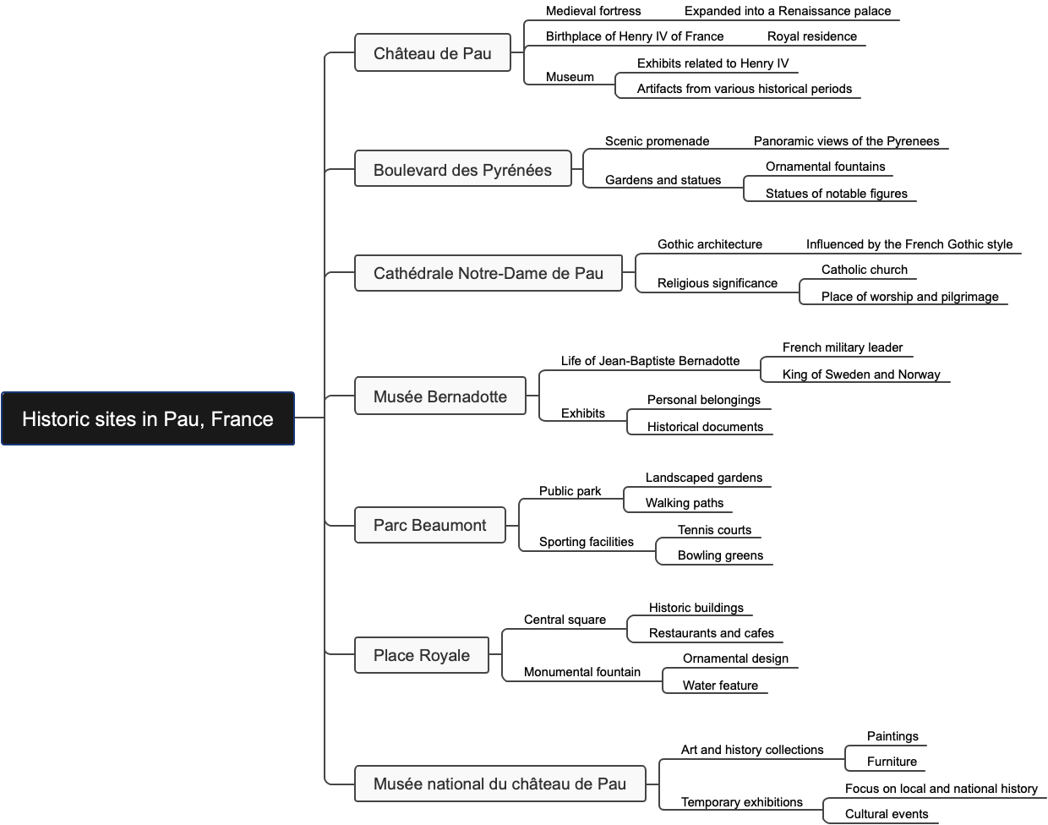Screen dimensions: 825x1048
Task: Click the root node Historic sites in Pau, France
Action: point(148,418)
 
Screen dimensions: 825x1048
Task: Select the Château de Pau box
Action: point(433,53)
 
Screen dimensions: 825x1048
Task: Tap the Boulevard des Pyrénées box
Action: point(462,170)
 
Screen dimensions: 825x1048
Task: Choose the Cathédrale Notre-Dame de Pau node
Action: point(489,273)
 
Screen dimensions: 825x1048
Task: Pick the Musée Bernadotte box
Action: point(440,396)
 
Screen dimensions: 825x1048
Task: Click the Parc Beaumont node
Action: point(430,525)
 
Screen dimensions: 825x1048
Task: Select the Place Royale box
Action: point(422,655)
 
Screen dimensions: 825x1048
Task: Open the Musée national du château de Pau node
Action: point(499,784)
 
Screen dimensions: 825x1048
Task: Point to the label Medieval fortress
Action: point(593,11)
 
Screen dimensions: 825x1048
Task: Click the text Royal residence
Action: point(812,36)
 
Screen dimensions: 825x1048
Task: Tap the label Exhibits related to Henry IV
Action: point(713,63)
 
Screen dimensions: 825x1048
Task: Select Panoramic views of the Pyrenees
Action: point(847,141)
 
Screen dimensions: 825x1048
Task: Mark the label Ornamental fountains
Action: point(826,167)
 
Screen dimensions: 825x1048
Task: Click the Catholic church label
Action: point(865,270)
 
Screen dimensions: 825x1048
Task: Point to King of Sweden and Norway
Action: point(861,374)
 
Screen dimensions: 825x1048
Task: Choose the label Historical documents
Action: point(705,427)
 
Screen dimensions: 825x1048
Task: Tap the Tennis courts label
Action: point(714,530)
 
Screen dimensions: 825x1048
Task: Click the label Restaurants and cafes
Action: point(712,633)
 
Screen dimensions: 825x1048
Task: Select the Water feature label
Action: point(720,686)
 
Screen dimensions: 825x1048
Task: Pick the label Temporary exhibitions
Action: point(742,802)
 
